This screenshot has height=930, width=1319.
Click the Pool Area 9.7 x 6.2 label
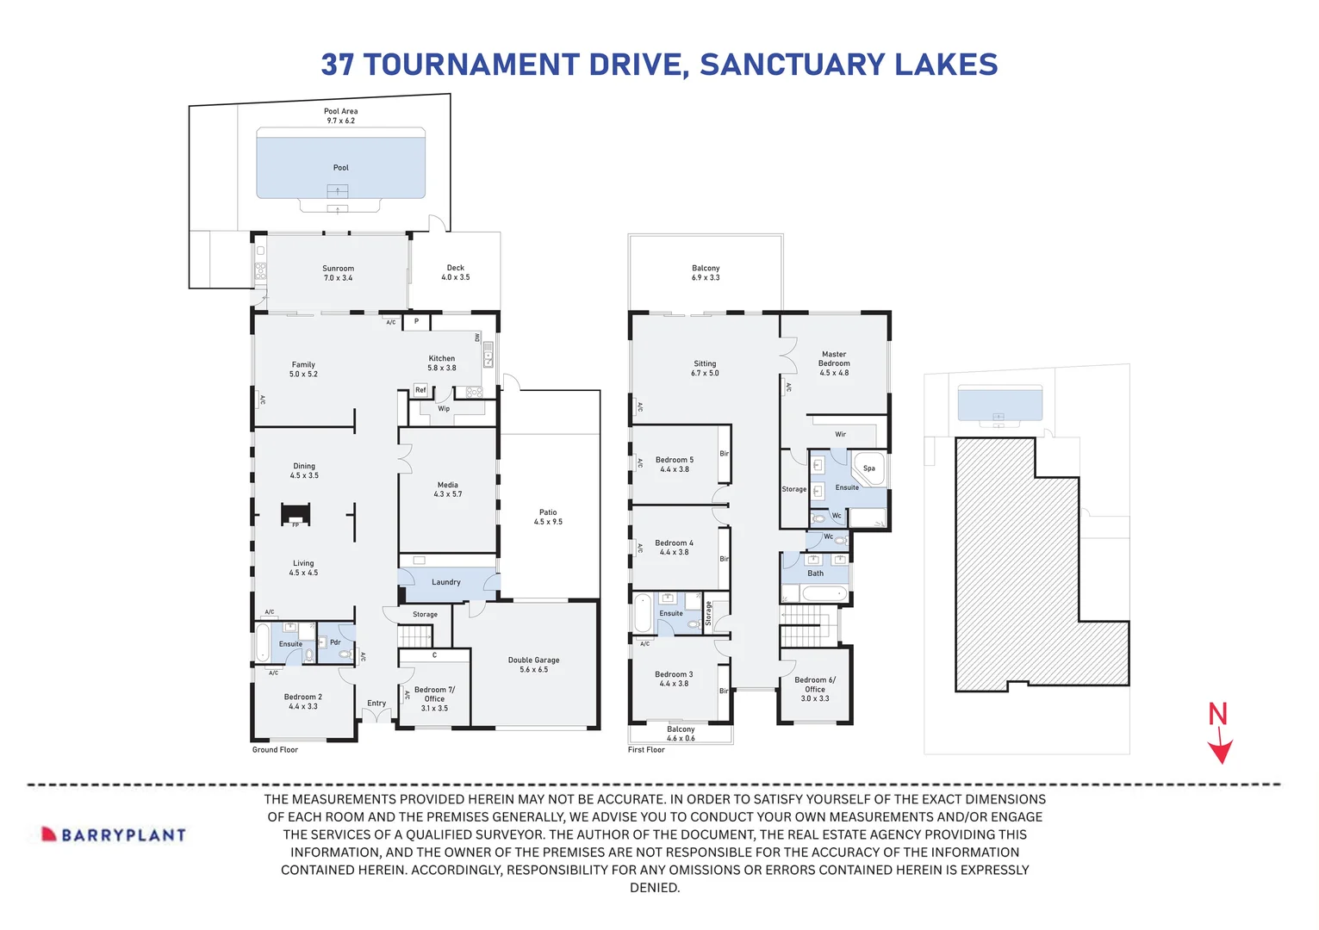pyautogui.click(x=340, y=115)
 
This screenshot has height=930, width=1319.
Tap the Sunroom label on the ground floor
pyautogui.click(x=338, y=273)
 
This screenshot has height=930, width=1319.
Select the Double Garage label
pyautogui.click(x=533, y=665)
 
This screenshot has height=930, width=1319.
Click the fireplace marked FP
pyautogui.click(x=296, y=516)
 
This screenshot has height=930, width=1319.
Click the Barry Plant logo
pyautogui.click(x=115, y=834)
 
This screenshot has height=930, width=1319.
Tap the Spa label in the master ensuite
pyautogui.click(x=868, y=468)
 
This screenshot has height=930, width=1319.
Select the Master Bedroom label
pyautogui.click(x=833, y=363)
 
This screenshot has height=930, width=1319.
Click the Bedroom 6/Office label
pyautogui.click(x=814, y=689)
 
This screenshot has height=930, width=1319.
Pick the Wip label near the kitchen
pyautogui.click(x=443, y=409)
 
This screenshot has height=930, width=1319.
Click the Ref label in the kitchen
pyautogui.click(x=420, y=390)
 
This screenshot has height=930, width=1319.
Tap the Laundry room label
pyautogui.click(x=445, y=582)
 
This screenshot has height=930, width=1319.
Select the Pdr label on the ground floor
pyautogui.click(x=335, y=642)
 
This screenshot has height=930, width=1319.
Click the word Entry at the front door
pyautogui.click(x=376, y=704)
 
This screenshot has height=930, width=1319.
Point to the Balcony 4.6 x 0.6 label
pyautogui.click(x=680, y=734)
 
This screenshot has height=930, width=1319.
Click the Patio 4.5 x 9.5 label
pyautogui.click(x=548, y=517)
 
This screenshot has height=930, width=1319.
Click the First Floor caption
pyautogui.click(x=646, y=750)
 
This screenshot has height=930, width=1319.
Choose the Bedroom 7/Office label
pyautogui.click(x=434, y=698)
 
